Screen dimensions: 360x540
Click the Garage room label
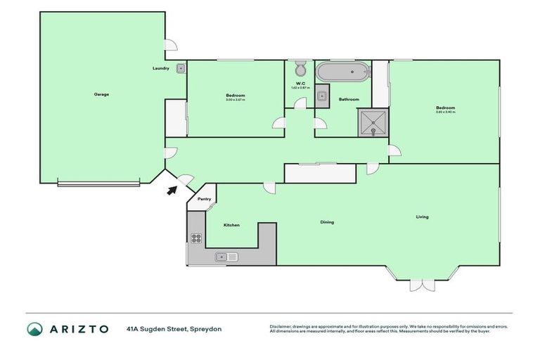[101, 94]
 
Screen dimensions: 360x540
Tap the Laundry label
[160, 68]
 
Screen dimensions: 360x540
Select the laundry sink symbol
[181, 68]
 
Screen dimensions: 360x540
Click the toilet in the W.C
[300, 70]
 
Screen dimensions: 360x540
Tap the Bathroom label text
[349, 99]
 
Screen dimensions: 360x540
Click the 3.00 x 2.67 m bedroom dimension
[235, 100]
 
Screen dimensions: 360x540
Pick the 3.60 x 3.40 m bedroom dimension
[445, 112]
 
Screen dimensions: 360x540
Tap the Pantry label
[204, 199]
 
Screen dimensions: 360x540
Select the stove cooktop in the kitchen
[196, 238]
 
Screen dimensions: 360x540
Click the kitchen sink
[227, 257]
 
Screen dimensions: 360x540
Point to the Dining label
[327, 222]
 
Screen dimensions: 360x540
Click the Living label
[422, 217]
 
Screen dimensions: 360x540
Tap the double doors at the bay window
[419, 285]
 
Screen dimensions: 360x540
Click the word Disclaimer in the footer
[282, 326]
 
